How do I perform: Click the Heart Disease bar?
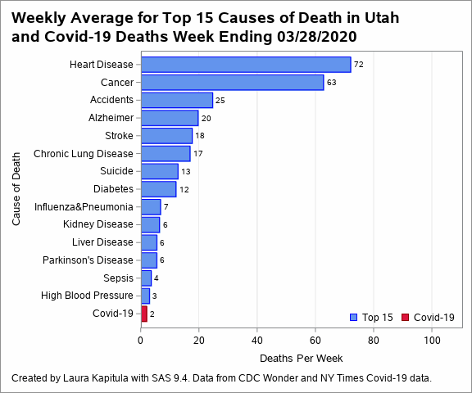click(246, 65)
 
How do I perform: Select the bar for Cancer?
click(233, 83)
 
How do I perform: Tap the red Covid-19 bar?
click(144, 314)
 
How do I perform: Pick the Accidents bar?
click(177, 100)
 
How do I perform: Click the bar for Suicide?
click(160, 171)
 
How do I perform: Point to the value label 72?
click(359, 65)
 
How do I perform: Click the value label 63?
click(331, 83)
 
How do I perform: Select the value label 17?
click(197, 154)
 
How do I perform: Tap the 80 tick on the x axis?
click(374, 341)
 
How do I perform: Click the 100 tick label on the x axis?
click(432, 341)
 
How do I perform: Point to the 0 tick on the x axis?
click(141, 341)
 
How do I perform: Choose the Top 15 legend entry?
click(371, 317)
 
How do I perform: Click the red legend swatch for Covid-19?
click(405, 317)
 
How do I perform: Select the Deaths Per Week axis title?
click(301, 358)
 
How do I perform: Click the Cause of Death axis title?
click(16, 189)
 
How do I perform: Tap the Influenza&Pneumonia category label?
click(84, 207)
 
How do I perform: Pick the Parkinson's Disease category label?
click(88, 260)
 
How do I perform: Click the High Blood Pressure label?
click(87, 296)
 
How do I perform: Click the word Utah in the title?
click(382, 18)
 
